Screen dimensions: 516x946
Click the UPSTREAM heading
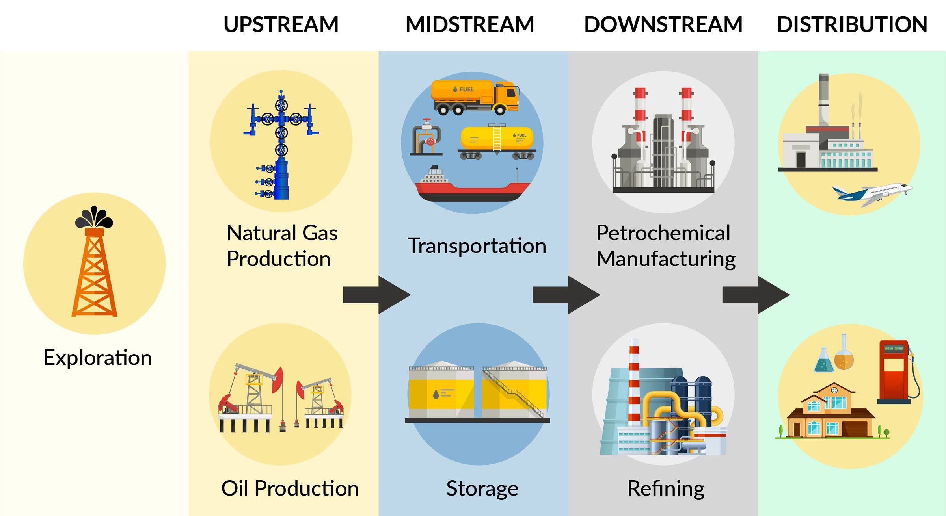[281, 24]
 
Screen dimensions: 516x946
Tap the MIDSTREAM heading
[469, 24]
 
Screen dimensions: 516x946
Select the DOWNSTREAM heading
[663, 24]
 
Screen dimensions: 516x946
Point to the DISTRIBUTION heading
[852, 24]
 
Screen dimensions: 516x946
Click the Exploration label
[97, 358]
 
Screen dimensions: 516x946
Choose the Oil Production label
[290, 488]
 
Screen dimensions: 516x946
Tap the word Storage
[482, 489]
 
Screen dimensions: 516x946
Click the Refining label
[666, 489]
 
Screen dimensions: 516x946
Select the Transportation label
[477, 246]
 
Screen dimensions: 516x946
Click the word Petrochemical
[663, 233]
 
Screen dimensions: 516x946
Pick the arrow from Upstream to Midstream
[376, 295]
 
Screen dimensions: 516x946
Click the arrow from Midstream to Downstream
[566, 295]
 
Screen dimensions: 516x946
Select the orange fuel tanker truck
[475, 97]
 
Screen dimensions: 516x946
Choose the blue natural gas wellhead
[281, 146]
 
